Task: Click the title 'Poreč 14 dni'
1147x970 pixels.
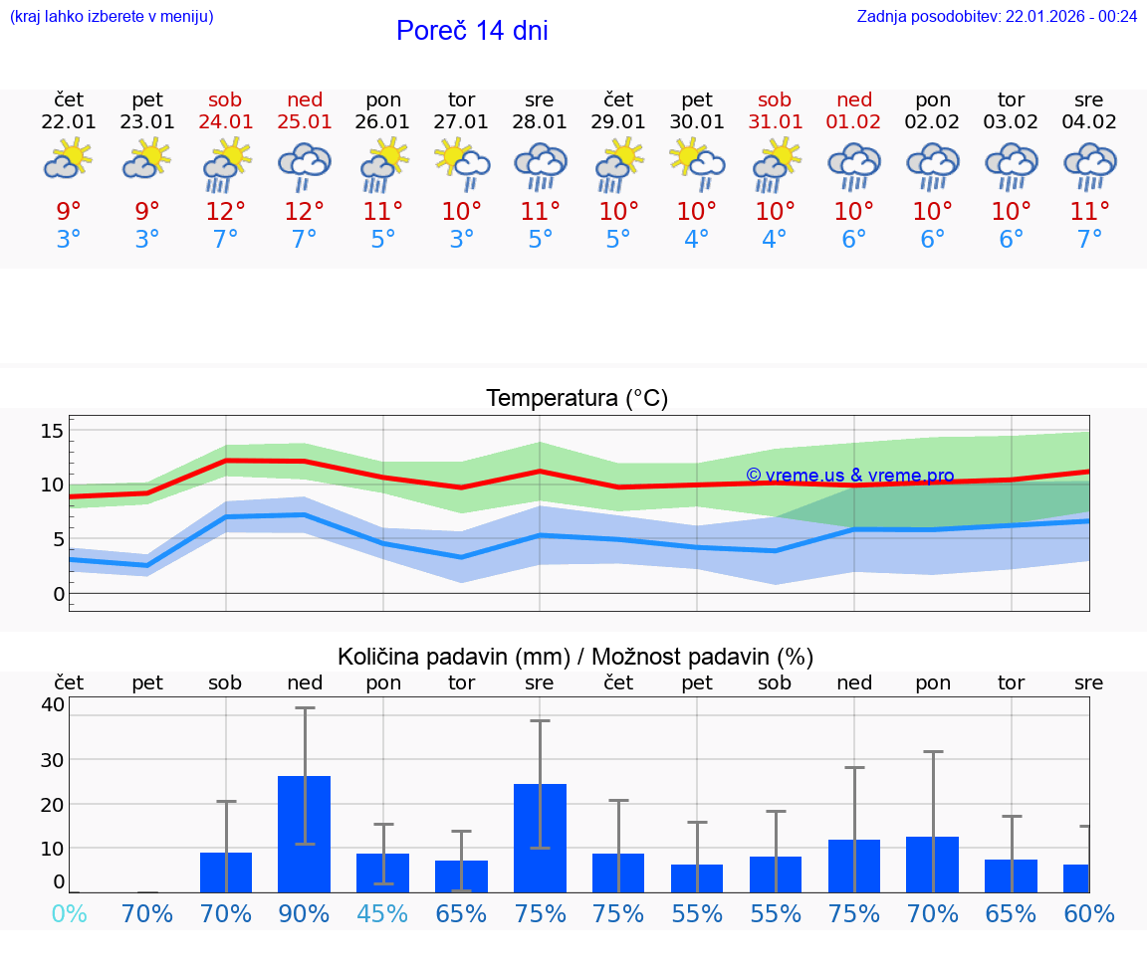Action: [x=472, y=31]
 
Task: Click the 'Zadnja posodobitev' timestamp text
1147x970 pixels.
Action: [x=997, y=16]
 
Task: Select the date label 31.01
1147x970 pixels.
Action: [x=775, y=122]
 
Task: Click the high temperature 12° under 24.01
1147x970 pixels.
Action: [x=226, y=211]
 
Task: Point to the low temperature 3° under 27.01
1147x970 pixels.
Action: [x=461, y=239]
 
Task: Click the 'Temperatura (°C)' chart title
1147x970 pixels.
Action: [x=576, y=399]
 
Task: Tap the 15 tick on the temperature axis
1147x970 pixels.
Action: [x=53, y=431]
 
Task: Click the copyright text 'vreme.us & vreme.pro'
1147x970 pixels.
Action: [x=850, y=476]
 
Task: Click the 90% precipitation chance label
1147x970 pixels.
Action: [x=304, y=913]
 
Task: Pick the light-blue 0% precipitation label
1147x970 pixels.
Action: [x=69, y=913]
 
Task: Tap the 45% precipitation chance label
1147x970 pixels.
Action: [x=382, y=913]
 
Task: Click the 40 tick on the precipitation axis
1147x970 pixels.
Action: [x=53, y=705]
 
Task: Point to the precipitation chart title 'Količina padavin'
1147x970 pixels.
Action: [x=575, y=657]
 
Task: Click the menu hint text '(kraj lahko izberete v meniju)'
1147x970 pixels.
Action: [x=112, y=16]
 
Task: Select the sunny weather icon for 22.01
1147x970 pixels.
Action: [x=68, y=159]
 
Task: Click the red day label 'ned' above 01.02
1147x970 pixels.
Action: [x=854, y=99]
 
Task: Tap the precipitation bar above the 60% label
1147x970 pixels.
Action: [x=1075, y=878]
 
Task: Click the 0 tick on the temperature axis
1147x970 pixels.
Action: [x=59, y=594]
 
